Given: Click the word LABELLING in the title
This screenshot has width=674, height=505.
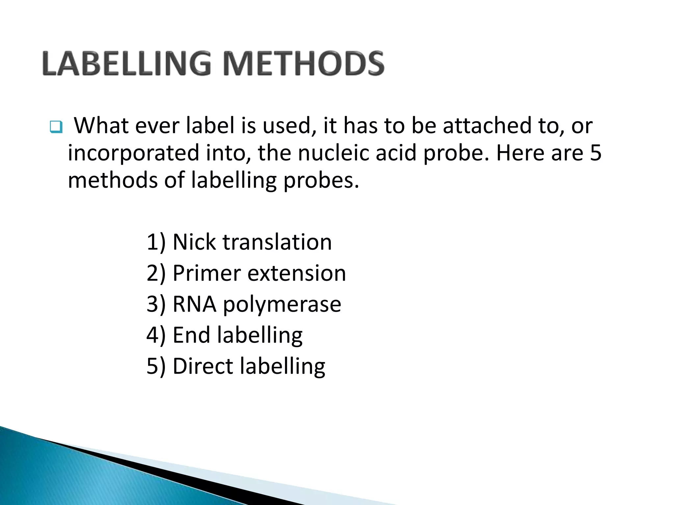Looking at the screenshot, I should pyautogui.click(x=127, y=63).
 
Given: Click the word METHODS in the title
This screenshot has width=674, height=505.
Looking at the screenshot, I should pyautogui.click(x=303, y=63).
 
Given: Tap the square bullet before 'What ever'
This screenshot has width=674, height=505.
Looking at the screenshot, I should pyautogui.click(x=56, y=127).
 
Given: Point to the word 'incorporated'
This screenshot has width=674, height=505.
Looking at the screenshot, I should pyautogui.click(x=134, y=153).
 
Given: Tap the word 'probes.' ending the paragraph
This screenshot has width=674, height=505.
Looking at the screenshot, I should pyautogui.click(x=321, y=181).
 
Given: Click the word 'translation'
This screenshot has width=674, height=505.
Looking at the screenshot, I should pyautogui.click(x=277, y=242).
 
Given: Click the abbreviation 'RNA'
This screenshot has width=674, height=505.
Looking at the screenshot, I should pyautogui.click(x=194, y=304).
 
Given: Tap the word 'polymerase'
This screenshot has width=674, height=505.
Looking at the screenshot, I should pyautogui.click(x=282, y=305).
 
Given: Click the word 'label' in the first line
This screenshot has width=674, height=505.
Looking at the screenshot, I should pyautogui.click(x=211, y=126).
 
